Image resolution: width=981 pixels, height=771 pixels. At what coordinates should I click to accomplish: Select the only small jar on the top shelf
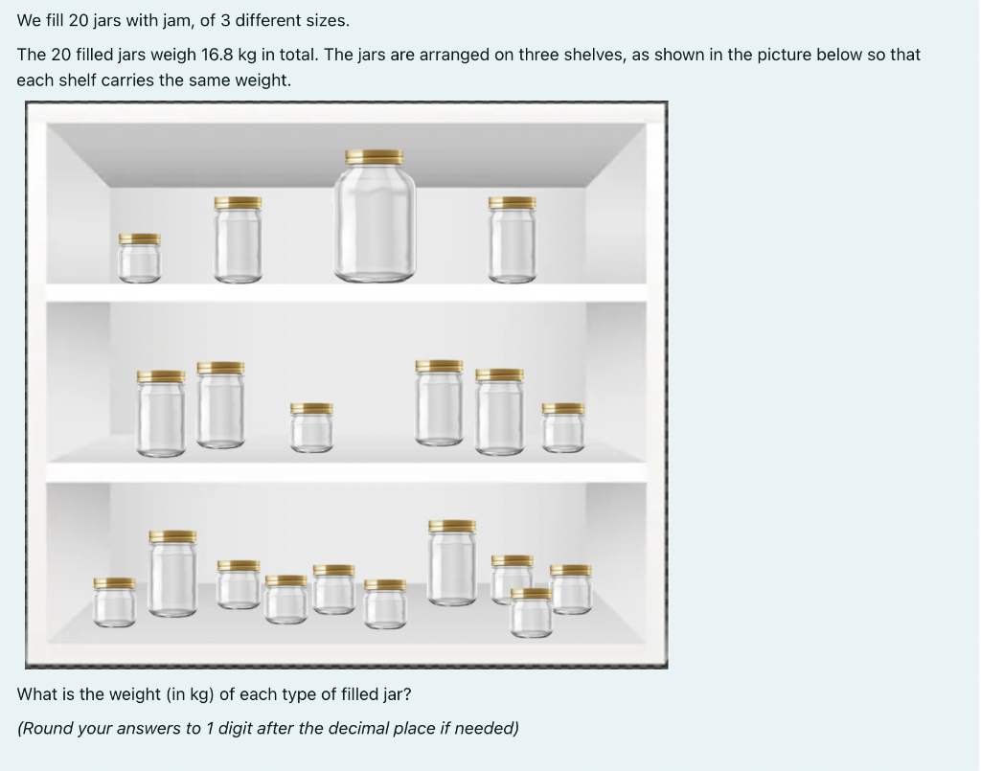(139, 259)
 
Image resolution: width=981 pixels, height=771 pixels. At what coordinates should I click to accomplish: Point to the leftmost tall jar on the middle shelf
(160, 413)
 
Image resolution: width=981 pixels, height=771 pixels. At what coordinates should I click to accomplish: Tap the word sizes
(328, 20)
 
